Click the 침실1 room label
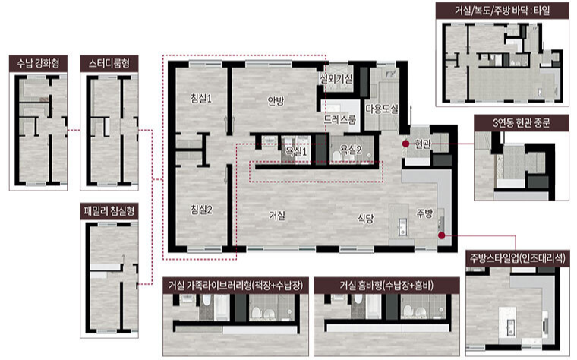(201, 98)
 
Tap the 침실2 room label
(201, 210)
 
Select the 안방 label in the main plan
(276, 101)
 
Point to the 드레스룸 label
(339, 119)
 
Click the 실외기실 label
(336, 78)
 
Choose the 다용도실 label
(382, 109)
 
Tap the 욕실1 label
(296, 151)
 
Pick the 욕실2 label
(351, 149)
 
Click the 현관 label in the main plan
(422, 144)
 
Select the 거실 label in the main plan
(276, 216)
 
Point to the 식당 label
(365, 219)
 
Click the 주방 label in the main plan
(424, 213)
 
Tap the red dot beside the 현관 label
(405, 144)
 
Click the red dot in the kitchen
(442, 235)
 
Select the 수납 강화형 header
(38, 63)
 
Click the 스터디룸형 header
(109, 63)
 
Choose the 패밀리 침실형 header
(109, 211)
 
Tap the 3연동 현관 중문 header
(521, 122)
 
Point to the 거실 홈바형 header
(386, 286)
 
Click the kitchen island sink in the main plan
(402, 226)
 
